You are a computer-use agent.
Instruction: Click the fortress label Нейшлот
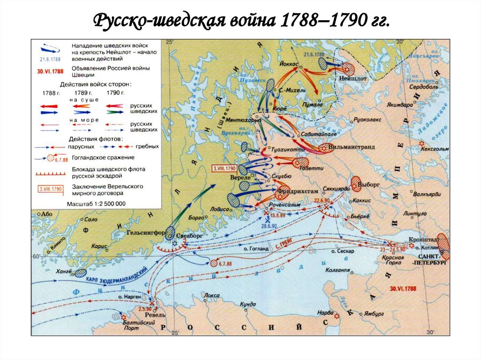point(352,80)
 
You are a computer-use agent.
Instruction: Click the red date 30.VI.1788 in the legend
point(47,72)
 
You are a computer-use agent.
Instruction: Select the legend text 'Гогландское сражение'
point(103,158)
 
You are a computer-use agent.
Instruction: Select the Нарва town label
point(325,312)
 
